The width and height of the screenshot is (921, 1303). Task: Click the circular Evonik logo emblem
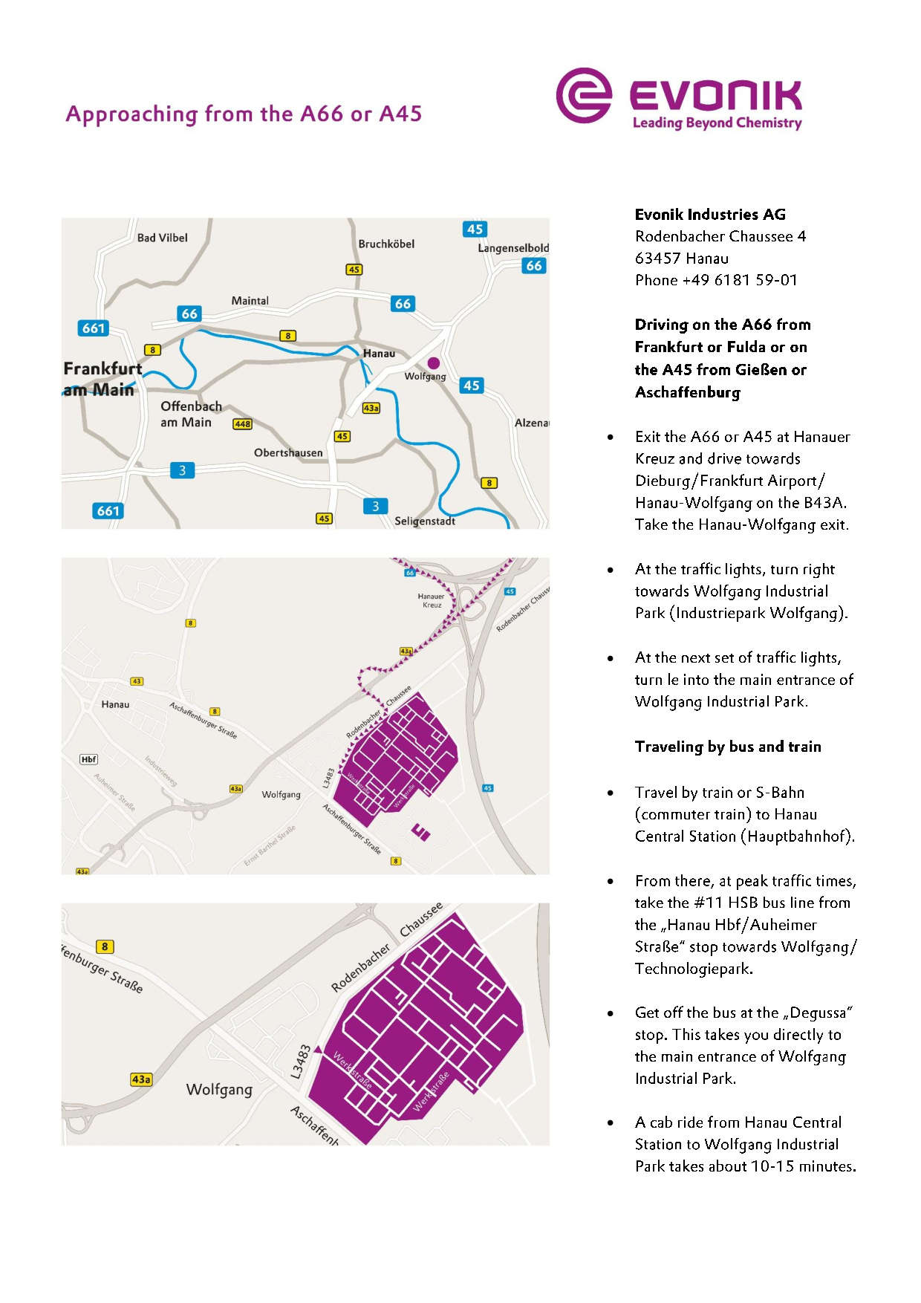(584, 96)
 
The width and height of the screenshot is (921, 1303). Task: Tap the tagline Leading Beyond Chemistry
(717, 123)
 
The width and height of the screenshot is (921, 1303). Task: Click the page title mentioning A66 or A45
(244, 114)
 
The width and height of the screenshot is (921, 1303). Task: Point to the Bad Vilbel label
(162, 238)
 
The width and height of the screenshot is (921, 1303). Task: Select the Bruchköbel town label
(386, 244)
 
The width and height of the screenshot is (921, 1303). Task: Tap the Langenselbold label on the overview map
(513, 248)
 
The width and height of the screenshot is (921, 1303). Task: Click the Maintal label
(250, 301)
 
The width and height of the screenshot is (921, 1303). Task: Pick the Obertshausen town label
(288, 452)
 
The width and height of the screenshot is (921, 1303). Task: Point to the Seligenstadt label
(425, 521)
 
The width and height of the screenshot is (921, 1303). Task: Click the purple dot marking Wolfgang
(434, 363)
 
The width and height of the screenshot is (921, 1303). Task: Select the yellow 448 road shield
(242, 424)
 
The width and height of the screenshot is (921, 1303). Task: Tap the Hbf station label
(89, 759)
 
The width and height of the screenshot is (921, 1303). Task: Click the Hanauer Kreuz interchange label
(431, 600)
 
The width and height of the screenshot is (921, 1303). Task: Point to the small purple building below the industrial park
(421, 832)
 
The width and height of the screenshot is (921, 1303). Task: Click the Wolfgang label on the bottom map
(219, 1089)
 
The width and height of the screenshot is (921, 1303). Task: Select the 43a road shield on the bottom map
(141, 1079)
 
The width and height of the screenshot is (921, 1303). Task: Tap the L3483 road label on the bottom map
(301, 1062)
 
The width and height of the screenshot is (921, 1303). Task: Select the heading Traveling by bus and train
(728, 747)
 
